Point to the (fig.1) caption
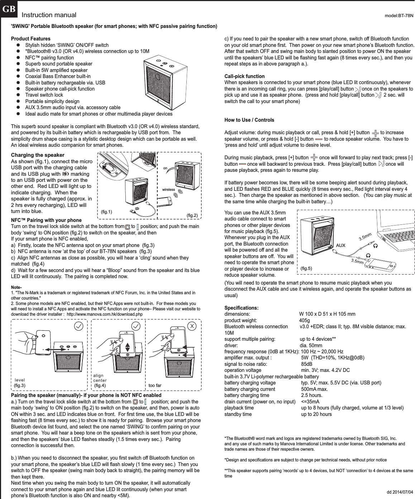coord(107,212)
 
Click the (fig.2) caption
coord(193,215)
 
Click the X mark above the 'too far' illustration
coord(192,326)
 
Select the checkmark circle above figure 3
coord(79,326)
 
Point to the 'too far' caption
coord(155,385)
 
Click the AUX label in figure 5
coord(340,246)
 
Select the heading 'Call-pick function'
coord(244,76)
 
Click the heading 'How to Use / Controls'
coord(249,120)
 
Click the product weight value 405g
coord(305,320)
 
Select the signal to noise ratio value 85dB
coord(306,364)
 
